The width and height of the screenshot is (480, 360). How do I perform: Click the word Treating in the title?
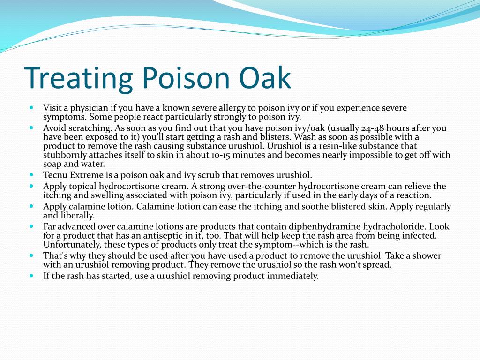tap(78, 79)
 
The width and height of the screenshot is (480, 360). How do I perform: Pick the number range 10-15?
tap(221, 155)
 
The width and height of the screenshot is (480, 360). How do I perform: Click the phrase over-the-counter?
tap(262, 186)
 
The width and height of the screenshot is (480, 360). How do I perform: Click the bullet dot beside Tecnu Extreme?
tap(31, 175)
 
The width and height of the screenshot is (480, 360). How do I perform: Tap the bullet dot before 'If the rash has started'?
tap(31, 276)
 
